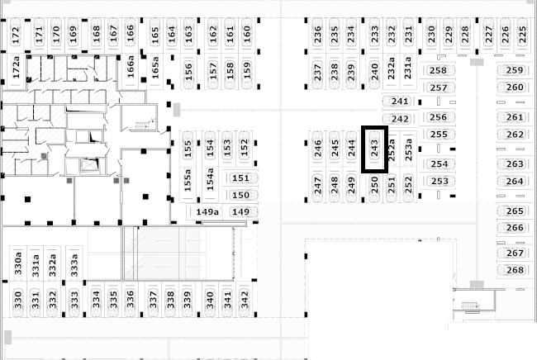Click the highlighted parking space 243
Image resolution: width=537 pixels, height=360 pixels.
coord(375,149)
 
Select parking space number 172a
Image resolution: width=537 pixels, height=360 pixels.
coord(16,71)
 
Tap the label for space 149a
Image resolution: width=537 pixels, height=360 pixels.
coord(207,212)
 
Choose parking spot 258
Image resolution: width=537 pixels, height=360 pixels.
coord(438,70)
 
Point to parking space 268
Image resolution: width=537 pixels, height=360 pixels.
coord(515,270)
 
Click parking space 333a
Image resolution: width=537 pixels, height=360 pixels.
coord(74,265)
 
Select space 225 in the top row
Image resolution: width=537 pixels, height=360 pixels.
coord(522,35)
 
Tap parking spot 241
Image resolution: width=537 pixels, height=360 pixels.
coord(400,102)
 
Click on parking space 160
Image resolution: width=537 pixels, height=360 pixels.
coord(246,34)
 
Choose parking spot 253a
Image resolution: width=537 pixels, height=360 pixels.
coord(408,149)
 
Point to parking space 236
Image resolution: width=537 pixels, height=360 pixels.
coord(317,34)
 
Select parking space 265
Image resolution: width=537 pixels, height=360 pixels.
coord(515,211)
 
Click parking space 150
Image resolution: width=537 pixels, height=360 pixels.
coord(240,195)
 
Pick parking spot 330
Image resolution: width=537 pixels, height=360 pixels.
coord(18,300)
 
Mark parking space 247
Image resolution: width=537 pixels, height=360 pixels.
coord(317,185)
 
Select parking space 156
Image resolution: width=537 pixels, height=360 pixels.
coord(188,72)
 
